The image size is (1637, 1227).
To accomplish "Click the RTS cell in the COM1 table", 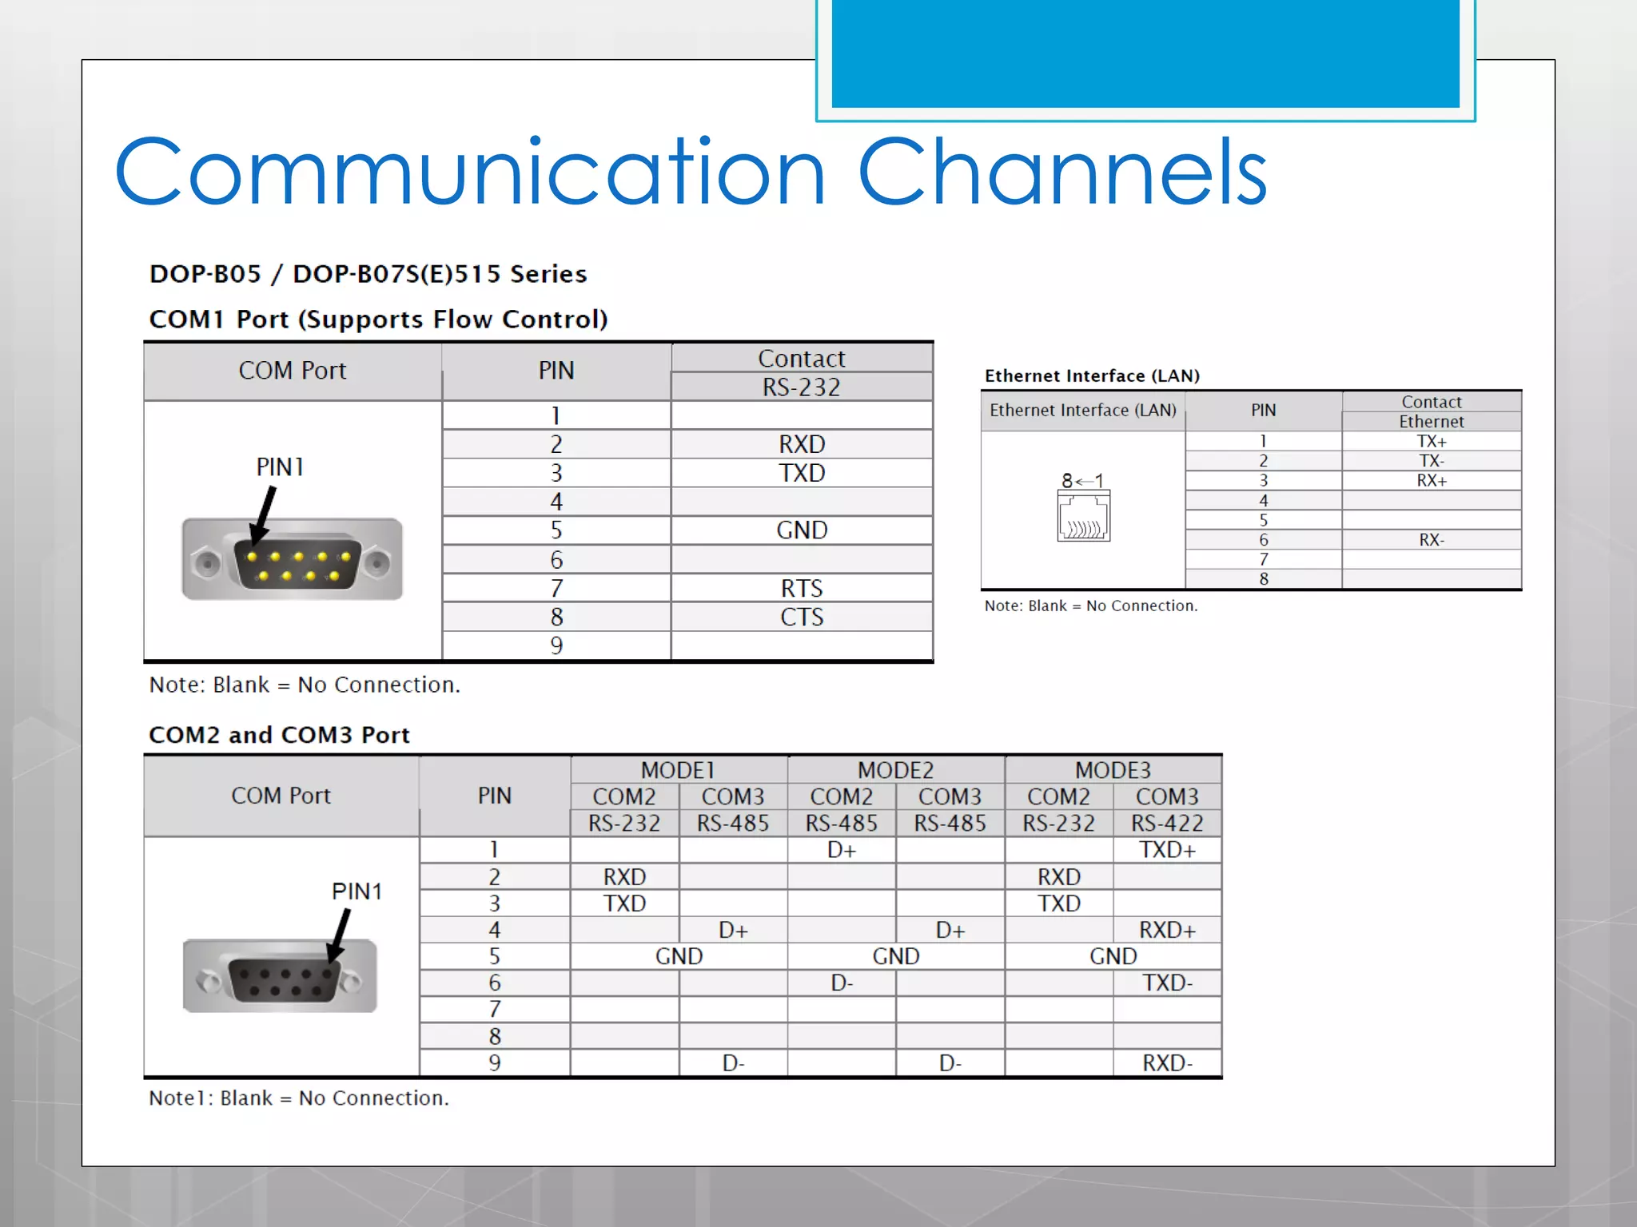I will coord(801,588).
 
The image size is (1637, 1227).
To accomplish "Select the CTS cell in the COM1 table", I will coord(801,617).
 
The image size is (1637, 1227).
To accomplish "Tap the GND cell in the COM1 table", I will coord(801,530).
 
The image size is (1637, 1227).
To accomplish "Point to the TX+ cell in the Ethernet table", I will coord(1431,441).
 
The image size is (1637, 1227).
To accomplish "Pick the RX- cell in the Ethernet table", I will coord(1431,540).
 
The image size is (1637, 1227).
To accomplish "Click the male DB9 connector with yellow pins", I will coord(293,559).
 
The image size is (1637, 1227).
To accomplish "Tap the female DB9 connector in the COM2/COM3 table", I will coord(280,976).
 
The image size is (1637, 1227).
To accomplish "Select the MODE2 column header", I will coord(895,770).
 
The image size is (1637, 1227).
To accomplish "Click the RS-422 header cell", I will coord(1167,823).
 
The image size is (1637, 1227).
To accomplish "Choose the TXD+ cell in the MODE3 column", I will coord(1167,850).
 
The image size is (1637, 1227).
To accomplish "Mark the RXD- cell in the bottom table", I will coord(1167,1063).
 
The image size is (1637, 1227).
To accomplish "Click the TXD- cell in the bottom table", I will coord(1167,983).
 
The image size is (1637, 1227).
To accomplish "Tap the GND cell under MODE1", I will coord(679,956).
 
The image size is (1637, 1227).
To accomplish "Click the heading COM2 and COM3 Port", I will coord(279,735).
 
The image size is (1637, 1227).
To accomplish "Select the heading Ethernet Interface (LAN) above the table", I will coord(1092,375).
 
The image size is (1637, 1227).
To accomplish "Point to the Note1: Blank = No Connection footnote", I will coord(299,1098).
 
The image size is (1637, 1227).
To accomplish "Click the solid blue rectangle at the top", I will coord(1145,53).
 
